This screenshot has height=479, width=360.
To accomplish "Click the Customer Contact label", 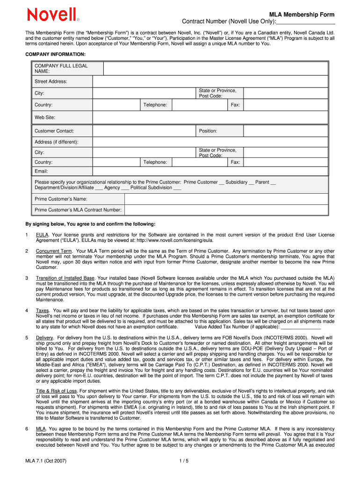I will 54,131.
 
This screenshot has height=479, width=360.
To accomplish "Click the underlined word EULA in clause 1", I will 43,234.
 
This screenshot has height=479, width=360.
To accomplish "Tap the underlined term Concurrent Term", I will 54,251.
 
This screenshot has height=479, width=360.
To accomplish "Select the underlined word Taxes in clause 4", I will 43,311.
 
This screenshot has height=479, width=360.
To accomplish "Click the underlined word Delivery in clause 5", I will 45,338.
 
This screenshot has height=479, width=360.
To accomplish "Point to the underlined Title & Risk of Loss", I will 56,391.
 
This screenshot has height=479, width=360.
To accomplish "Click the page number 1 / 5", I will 183,461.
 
